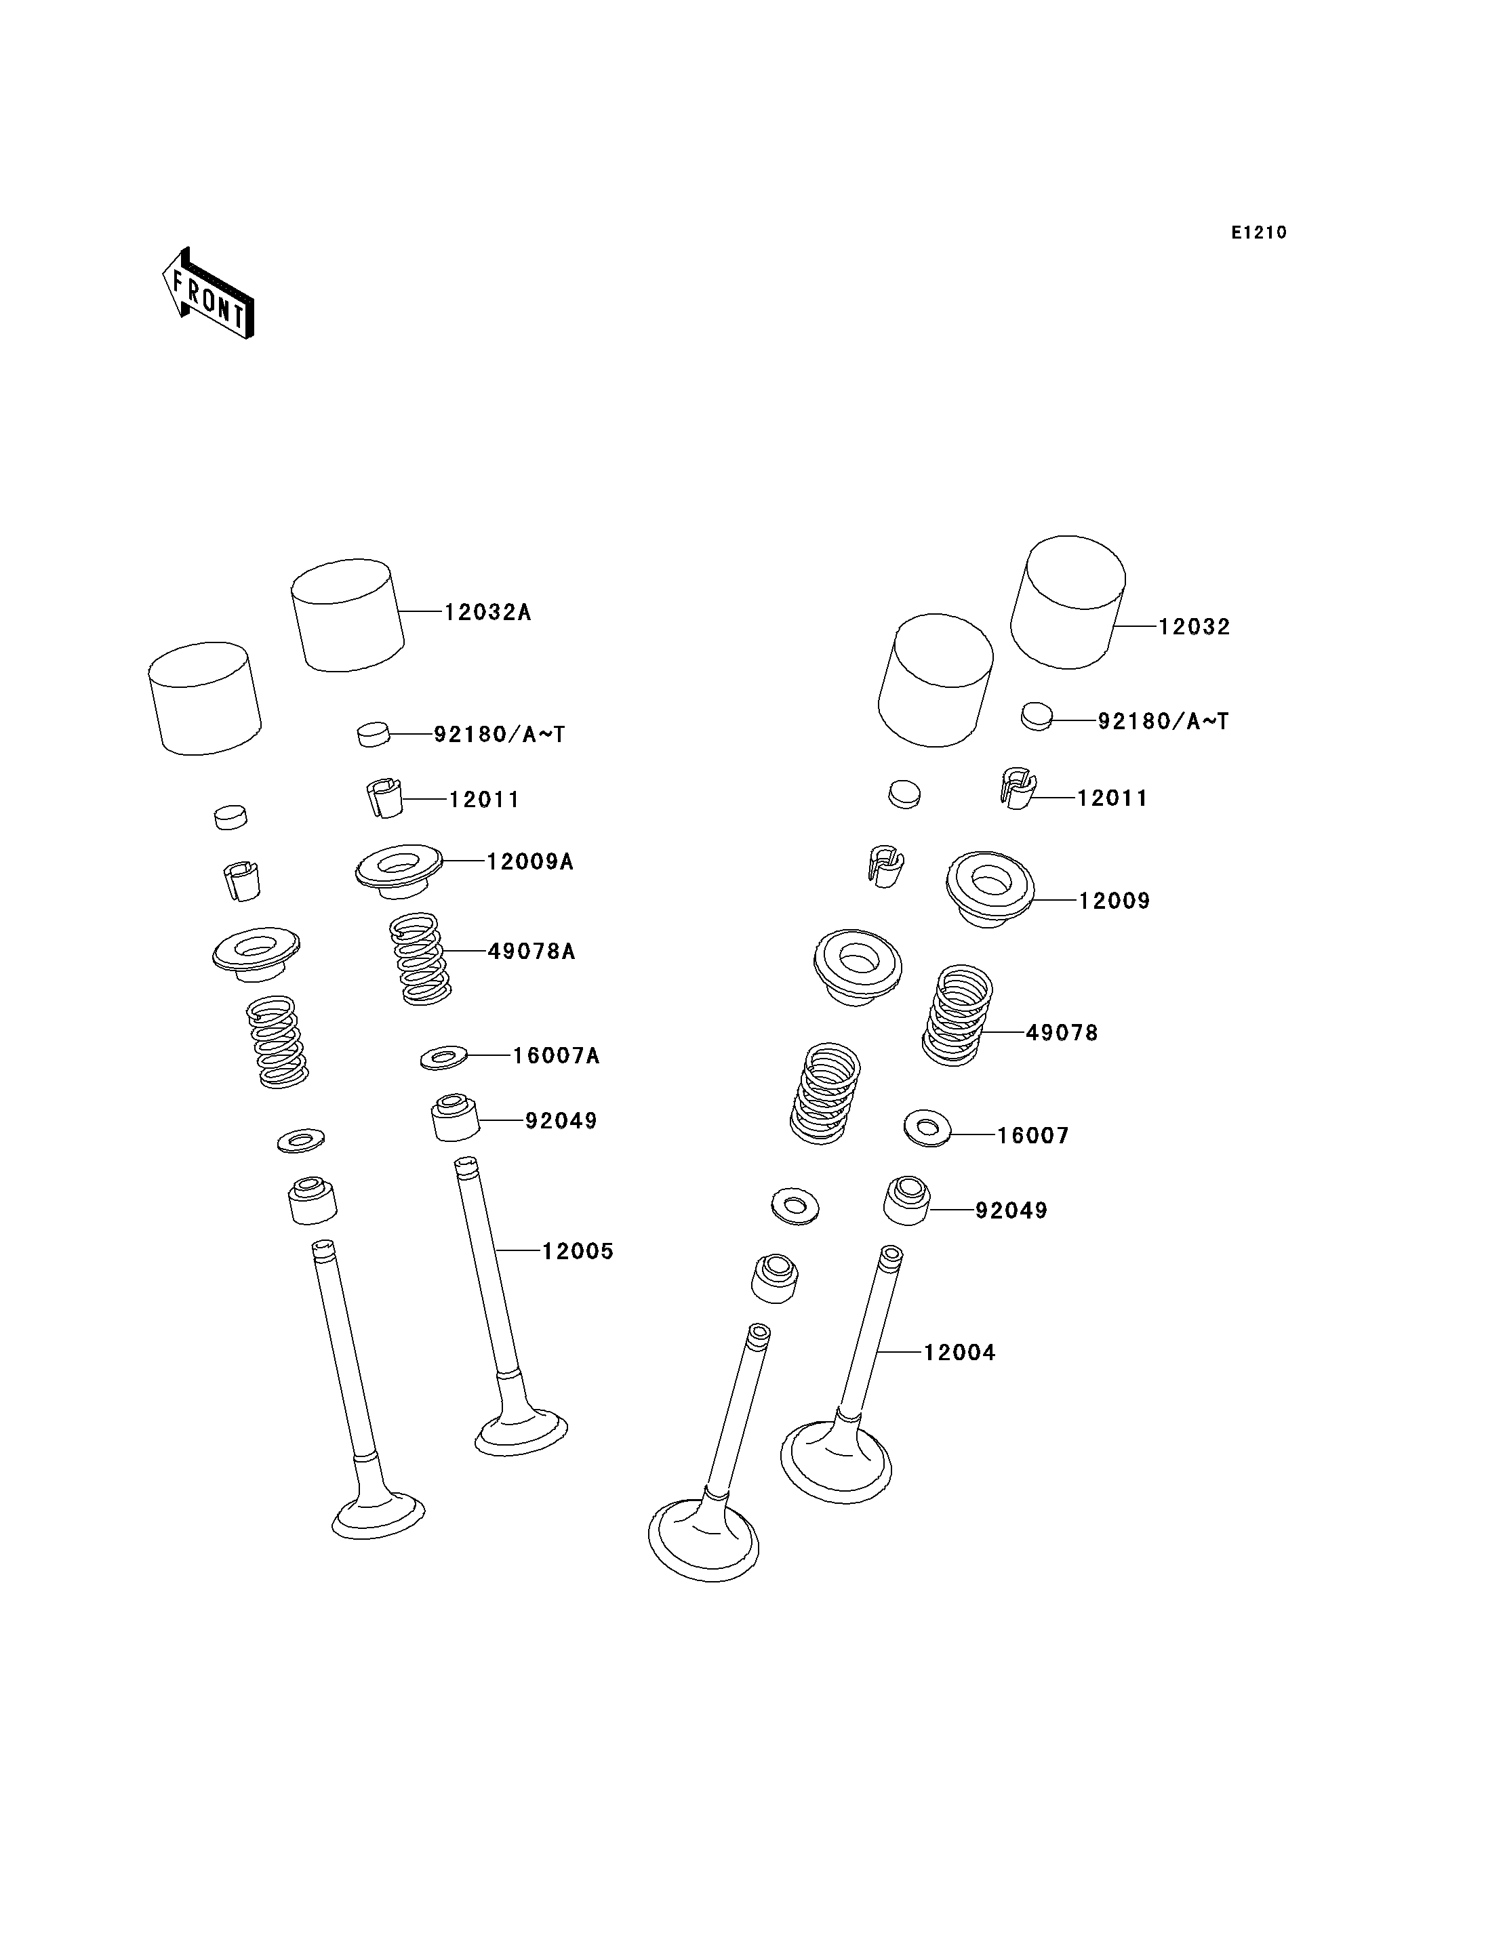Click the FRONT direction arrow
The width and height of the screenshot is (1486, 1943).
[209, 293]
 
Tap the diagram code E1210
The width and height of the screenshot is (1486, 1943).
[1259, 232]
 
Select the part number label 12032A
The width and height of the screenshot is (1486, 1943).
[487, 612]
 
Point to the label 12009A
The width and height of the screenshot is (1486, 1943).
[530, 861]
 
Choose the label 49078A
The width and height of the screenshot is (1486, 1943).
[531, 952]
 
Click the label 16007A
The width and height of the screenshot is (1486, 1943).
[557, 1056]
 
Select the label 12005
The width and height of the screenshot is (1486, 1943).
[578, 1252]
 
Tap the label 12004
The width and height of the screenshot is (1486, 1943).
[960, 1352]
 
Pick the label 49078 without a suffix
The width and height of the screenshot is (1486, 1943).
[1062, 1033]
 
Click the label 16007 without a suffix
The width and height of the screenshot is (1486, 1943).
[1033, 1136]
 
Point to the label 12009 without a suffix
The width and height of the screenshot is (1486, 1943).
[1114, 901]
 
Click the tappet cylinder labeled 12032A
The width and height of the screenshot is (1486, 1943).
[348, 615]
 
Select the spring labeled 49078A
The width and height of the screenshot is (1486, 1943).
[420, 960]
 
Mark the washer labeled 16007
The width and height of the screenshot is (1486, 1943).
[927, 1128]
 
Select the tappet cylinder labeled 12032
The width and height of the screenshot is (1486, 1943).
[1068, 602]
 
